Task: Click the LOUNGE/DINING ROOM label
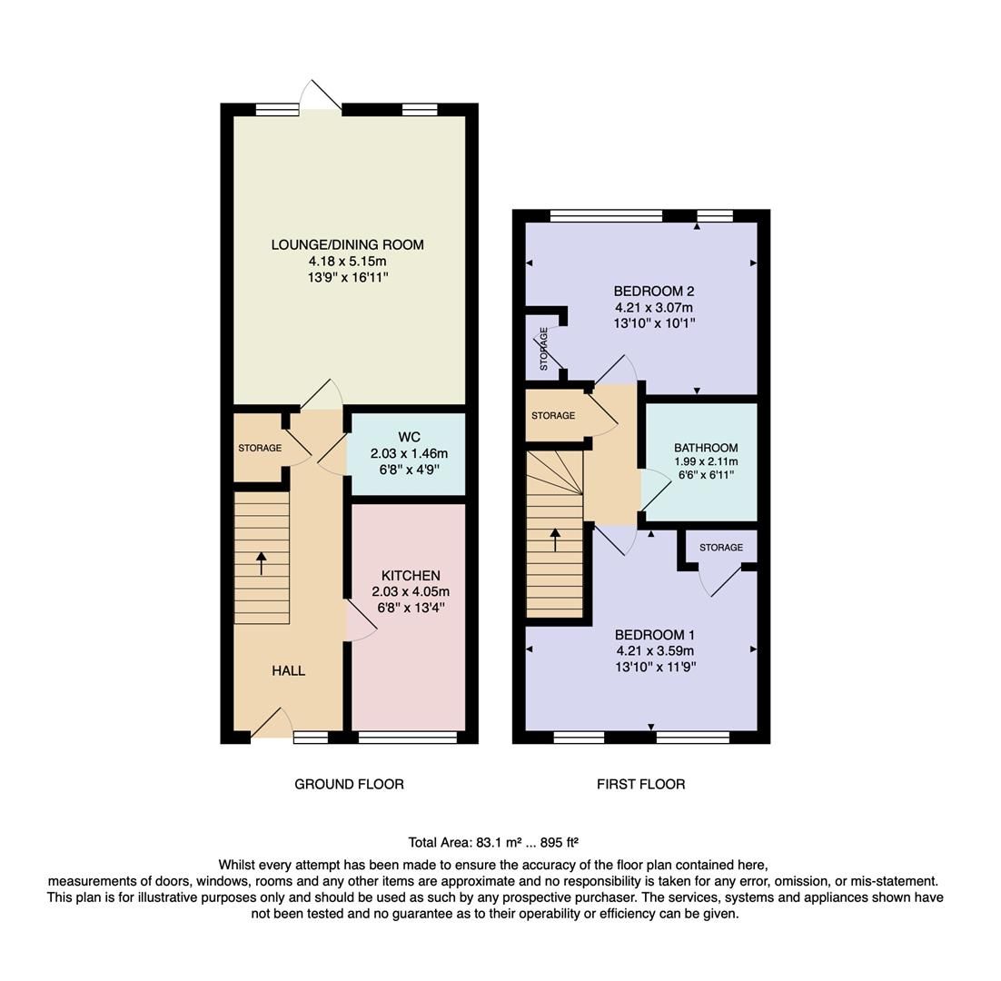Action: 347,244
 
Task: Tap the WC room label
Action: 409,438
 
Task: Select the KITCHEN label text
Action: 411,576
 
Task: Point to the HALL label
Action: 288,670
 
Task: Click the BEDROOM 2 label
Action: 654,292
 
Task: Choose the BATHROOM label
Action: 706,448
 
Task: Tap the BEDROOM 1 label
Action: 655,635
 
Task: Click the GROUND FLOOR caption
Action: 349,784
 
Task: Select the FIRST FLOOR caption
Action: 640,784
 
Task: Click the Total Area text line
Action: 493,842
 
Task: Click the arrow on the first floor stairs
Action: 555,539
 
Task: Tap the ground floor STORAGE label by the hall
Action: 260,448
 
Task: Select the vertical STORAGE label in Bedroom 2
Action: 544,349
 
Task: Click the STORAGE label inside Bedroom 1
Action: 721,548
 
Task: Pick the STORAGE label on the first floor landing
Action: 553,416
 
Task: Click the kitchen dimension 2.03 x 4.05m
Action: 411,592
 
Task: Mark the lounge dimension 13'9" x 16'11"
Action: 347,277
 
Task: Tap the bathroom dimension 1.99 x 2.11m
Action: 706,461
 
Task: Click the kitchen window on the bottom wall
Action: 408,738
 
